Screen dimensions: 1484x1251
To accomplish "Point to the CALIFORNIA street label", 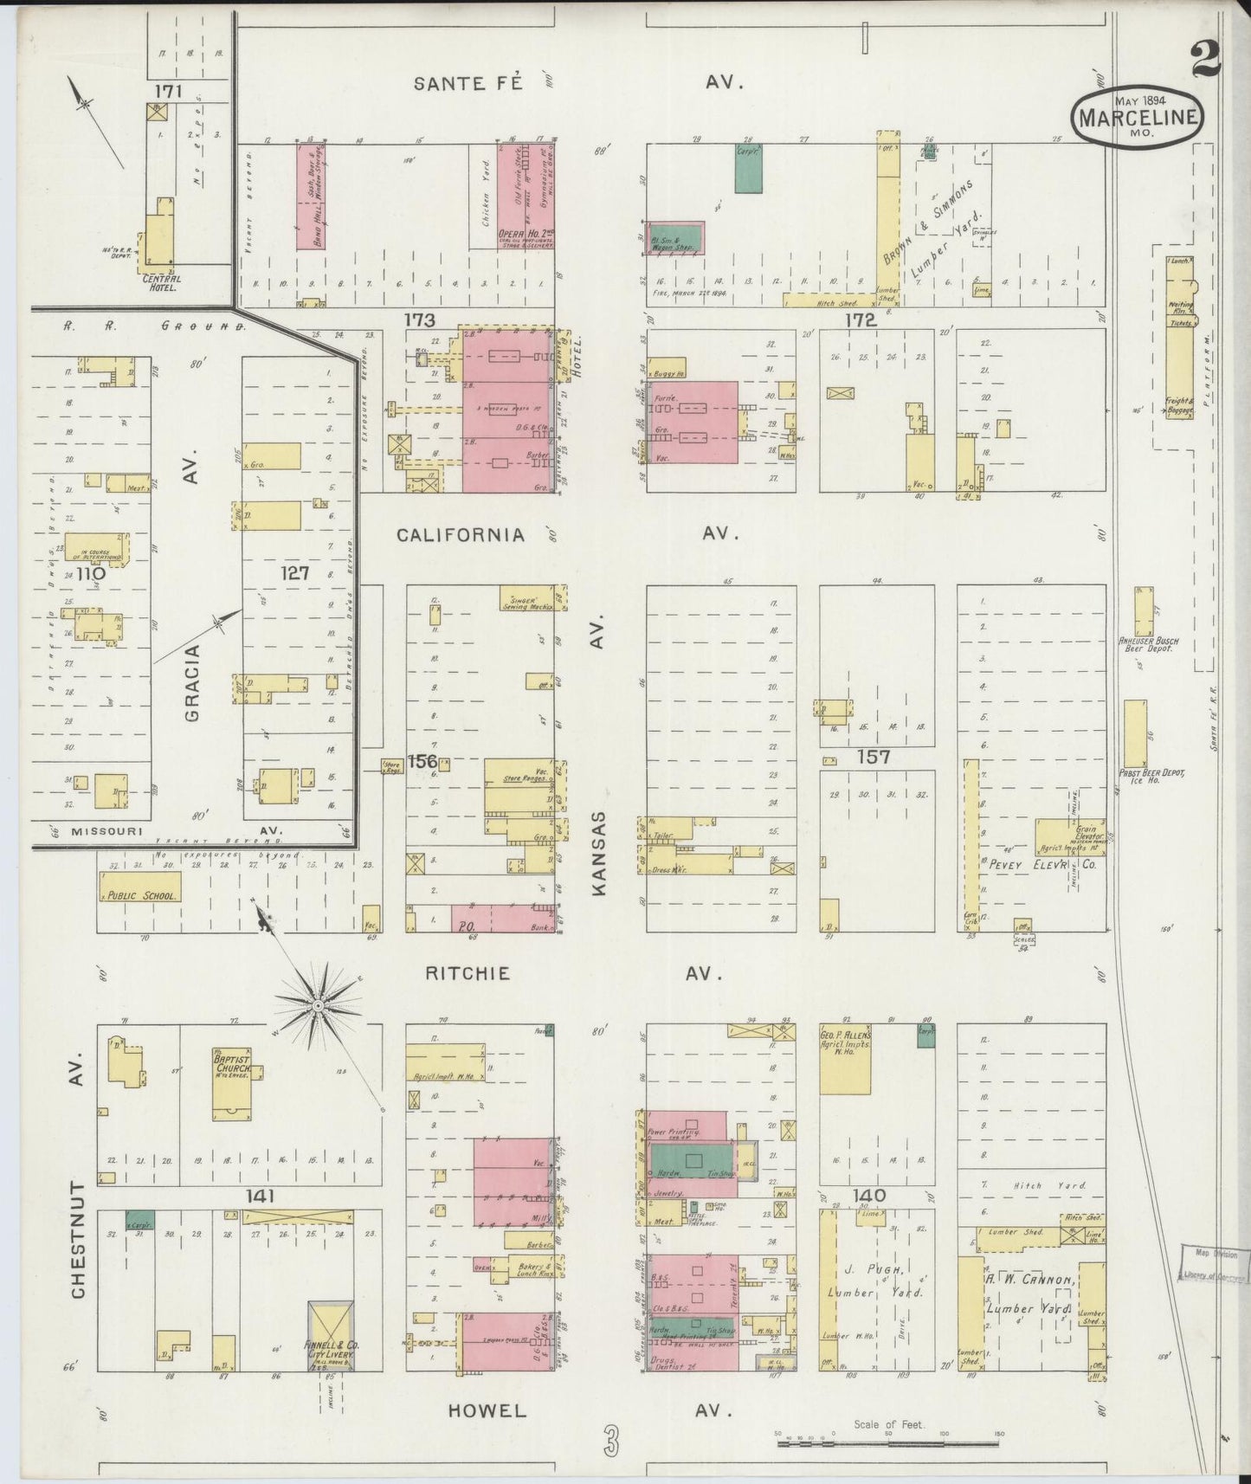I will point(461,535).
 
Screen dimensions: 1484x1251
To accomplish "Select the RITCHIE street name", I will point(468,973).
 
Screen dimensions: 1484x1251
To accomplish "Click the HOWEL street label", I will point(487,1410).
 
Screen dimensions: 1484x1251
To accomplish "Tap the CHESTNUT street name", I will point(79,1239).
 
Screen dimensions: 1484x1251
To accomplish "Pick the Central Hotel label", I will point(162,282).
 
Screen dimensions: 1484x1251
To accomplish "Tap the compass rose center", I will point(318,1005).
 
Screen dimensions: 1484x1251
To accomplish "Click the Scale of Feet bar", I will point(889,1443).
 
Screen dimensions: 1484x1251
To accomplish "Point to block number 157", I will point(874,757).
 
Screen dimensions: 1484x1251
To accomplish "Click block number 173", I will point(419,320).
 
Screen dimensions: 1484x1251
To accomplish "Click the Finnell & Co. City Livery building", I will point(330,1333).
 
